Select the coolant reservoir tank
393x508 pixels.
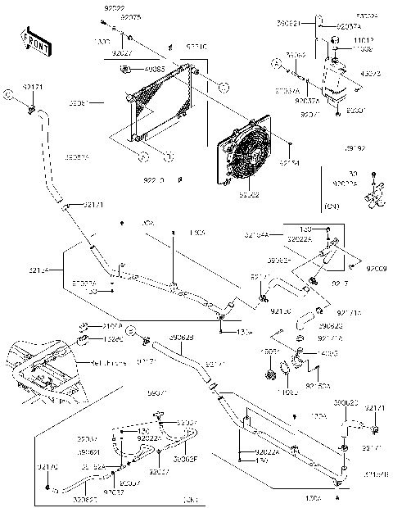(x=334, y=78)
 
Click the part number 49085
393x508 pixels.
(x=155, y=69)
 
